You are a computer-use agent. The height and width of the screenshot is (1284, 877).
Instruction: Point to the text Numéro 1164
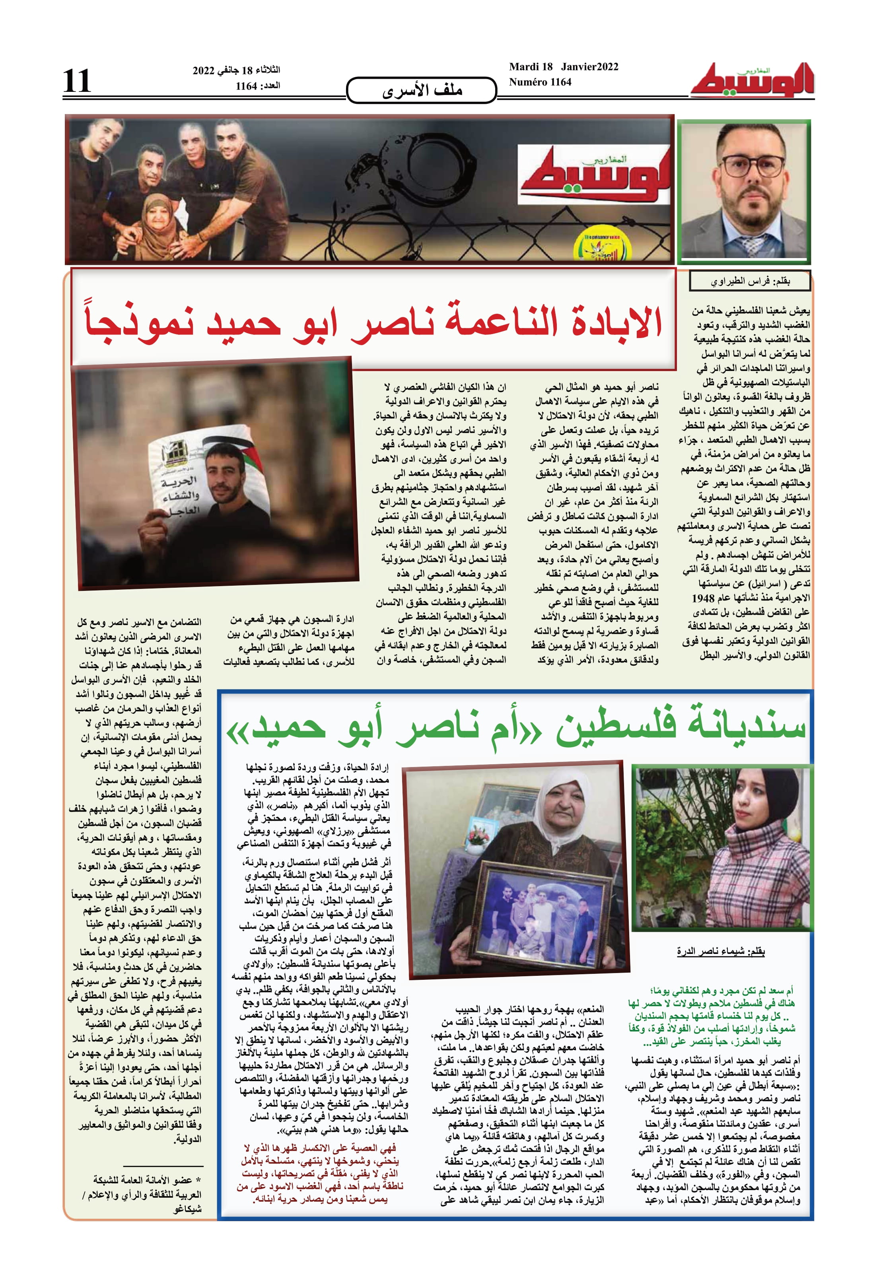coord(540,82)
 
